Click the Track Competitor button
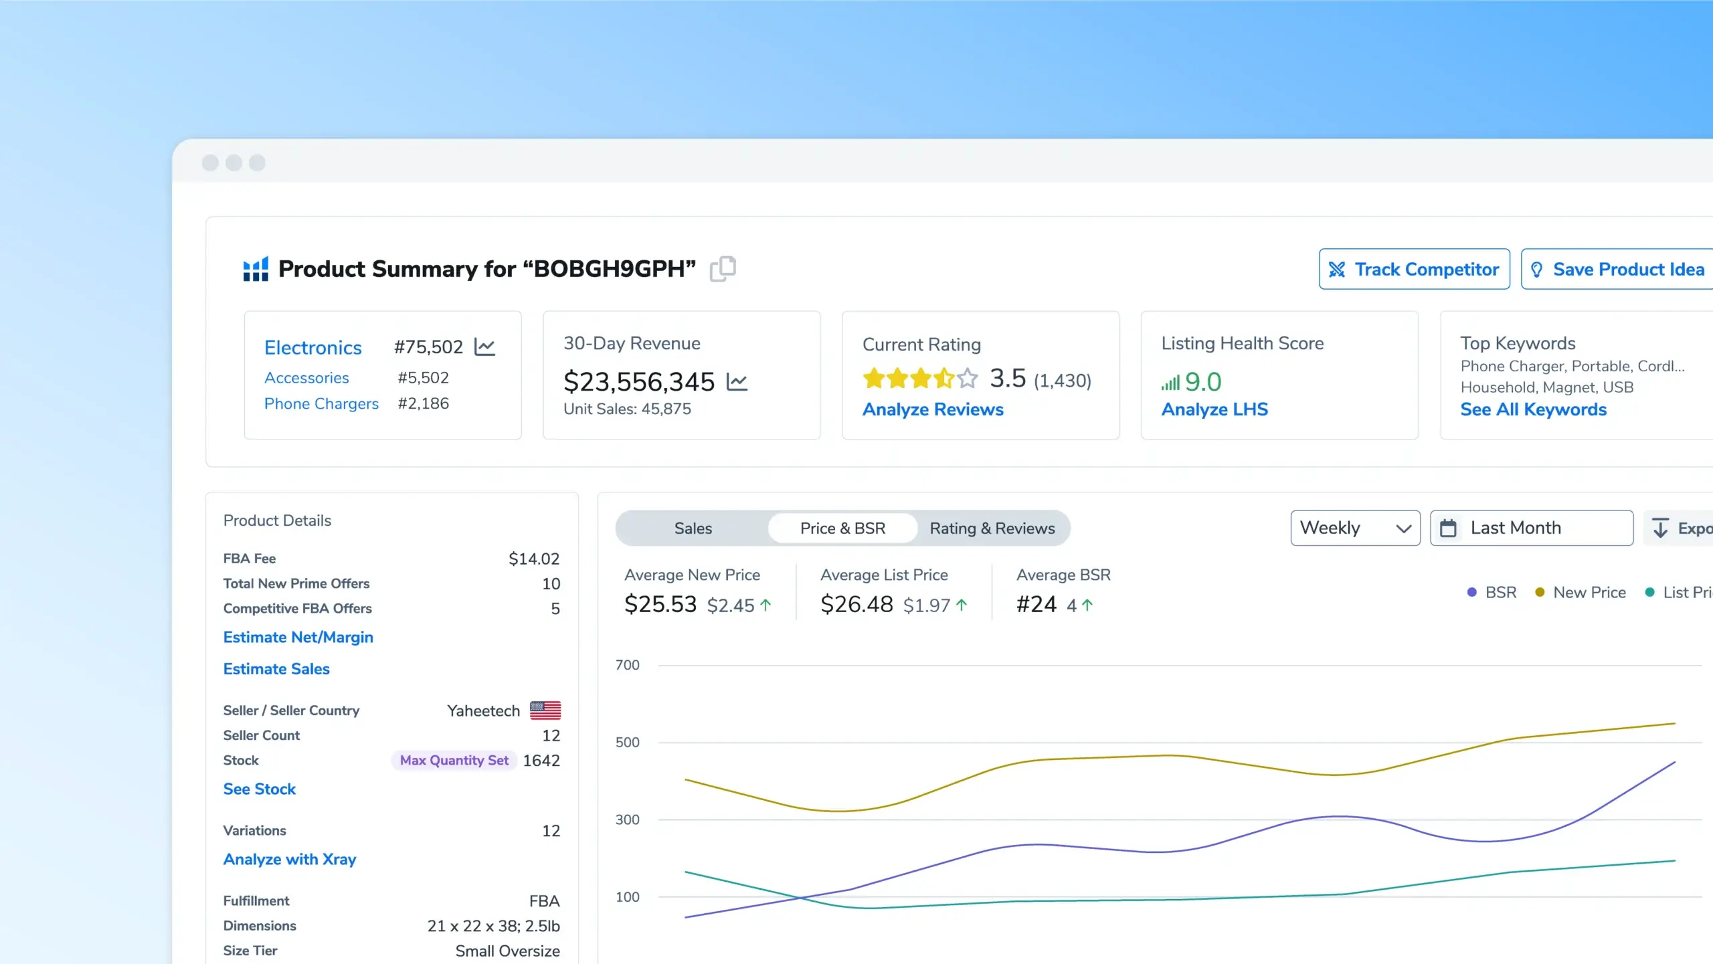1413,269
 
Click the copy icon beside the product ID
723,268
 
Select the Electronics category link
312,347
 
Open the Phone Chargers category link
321,403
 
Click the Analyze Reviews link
933,409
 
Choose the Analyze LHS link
1214,409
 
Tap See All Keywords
1533,409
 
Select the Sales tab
693,528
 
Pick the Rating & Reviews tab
992,528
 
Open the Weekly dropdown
1355,528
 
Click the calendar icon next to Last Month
1448,528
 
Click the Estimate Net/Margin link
298,637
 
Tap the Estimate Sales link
276,669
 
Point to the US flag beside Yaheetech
545,710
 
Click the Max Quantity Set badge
454,760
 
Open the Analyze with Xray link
289,859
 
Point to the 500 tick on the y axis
627,742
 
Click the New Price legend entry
1589,593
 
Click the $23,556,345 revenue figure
639,382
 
